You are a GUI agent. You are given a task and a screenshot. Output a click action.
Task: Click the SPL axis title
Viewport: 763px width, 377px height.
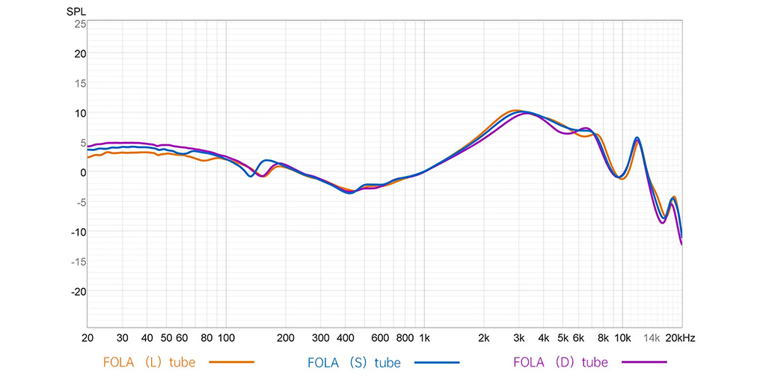[x=76, y=13]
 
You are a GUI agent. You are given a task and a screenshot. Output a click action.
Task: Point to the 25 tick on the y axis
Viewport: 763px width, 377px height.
[x=80, y=24]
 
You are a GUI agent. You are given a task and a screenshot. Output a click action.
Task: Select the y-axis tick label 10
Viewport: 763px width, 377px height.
[x=80, y=113]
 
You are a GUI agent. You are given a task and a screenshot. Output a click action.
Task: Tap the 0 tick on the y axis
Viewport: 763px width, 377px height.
[x=83, y=172]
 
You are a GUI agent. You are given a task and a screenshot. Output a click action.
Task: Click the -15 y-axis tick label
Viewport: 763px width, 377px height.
[x=78, y=261]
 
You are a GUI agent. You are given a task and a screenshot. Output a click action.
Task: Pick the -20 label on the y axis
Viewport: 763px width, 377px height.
[x=78, y=291]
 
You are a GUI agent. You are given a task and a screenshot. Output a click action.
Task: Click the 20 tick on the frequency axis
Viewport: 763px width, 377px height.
[x=88, y=338]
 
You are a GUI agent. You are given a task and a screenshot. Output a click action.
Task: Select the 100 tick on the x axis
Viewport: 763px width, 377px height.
[x=226, y=338]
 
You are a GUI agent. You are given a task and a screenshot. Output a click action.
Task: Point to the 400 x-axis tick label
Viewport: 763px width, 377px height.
[x=345, y=338]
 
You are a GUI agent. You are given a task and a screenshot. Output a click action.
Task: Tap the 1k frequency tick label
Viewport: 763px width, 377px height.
[x=424, y=338]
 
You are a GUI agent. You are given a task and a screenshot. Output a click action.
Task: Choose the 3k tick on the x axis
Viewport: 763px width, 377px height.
[x=518, y=338]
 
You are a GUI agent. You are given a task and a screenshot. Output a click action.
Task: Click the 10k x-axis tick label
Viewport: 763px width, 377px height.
[x=622, y=338]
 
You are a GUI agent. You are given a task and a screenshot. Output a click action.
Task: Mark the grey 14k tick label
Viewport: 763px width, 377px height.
[x=652, y=338]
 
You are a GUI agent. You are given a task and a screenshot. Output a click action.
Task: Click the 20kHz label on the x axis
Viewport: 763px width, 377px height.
[x=681, y=338]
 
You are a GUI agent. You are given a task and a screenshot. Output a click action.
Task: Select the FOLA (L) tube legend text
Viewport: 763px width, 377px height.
[x=149, y=363]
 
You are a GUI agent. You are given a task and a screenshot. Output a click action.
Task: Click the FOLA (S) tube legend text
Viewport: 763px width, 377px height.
[x=354, y=363]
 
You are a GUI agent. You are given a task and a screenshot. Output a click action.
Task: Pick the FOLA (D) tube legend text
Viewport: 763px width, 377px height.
[x=560, y=363]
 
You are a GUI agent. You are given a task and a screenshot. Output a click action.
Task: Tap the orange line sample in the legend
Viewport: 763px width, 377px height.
[x=228, y=363]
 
